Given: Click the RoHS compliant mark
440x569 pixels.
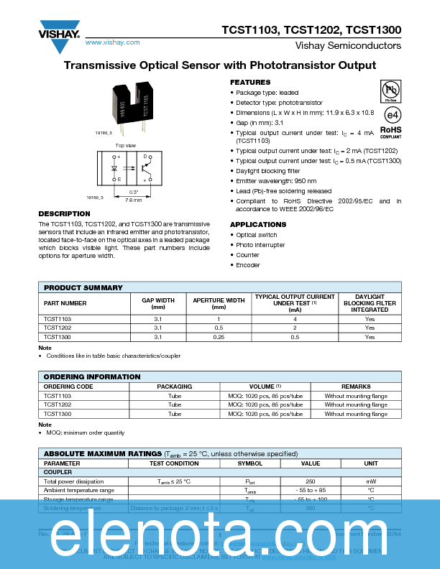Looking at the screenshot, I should [390, 131].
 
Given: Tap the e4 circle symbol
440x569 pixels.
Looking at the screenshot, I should [391, 115].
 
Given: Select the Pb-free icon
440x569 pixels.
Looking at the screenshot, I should [390, 91].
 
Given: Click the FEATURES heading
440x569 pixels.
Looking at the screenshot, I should [250, 83].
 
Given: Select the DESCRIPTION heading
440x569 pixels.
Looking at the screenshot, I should [64, 214].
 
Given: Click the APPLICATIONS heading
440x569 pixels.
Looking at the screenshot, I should [258, 224].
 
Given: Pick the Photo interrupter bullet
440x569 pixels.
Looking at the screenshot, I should [260, 245].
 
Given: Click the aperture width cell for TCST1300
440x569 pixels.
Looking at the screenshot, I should [219, 336].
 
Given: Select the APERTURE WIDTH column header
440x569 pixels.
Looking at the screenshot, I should [219, 303].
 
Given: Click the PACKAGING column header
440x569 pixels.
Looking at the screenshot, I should [175, 387].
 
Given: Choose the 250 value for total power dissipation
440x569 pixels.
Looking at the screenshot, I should [311, 481].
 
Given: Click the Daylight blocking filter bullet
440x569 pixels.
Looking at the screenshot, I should [268, 171].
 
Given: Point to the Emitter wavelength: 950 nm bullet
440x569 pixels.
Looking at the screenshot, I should [276, 181].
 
